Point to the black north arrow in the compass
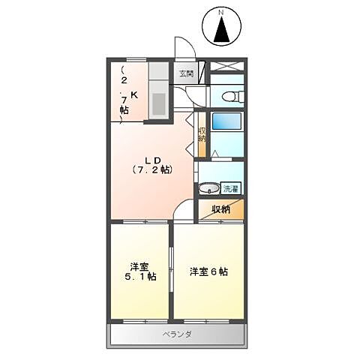[221, 32]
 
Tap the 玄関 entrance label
[185, 73]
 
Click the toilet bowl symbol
[229, 96]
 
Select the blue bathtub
[224, 121]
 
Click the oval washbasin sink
[209, 187]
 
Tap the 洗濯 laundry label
[231, 187]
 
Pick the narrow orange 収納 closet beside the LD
[201, 134]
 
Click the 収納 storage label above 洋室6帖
[220, 208]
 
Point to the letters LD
[154, 158]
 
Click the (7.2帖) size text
[153, 170]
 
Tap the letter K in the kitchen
[134, 95]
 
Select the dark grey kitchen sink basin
[158, 102]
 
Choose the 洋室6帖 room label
[208, 271]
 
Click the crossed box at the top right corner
[226, 66]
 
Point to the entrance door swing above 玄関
[184, 49]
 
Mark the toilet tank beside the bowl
[238, 96]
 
